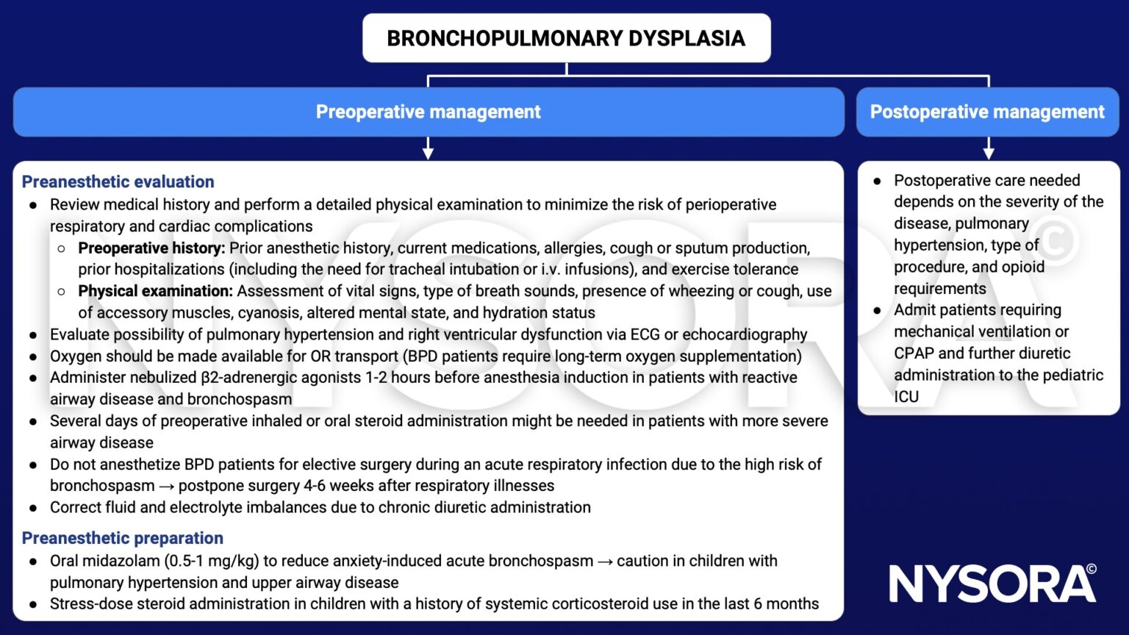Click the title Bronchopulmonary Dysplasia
566,38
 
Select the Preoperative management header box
428,112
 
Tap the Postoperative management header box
987,112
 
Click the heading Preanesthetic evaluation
118,182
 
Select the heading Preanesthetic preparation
122,538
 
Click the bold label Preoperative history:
151,248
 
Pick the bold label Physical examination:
155,291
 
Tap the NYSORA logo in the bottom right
992,584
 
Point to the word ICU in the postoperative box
906,397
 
